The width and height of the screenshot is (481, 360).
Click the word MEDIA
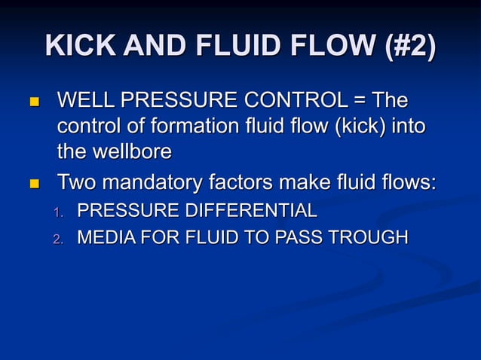tap(102, 238)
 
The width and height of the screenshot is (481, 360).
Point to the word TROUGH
tap(371, 238)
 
